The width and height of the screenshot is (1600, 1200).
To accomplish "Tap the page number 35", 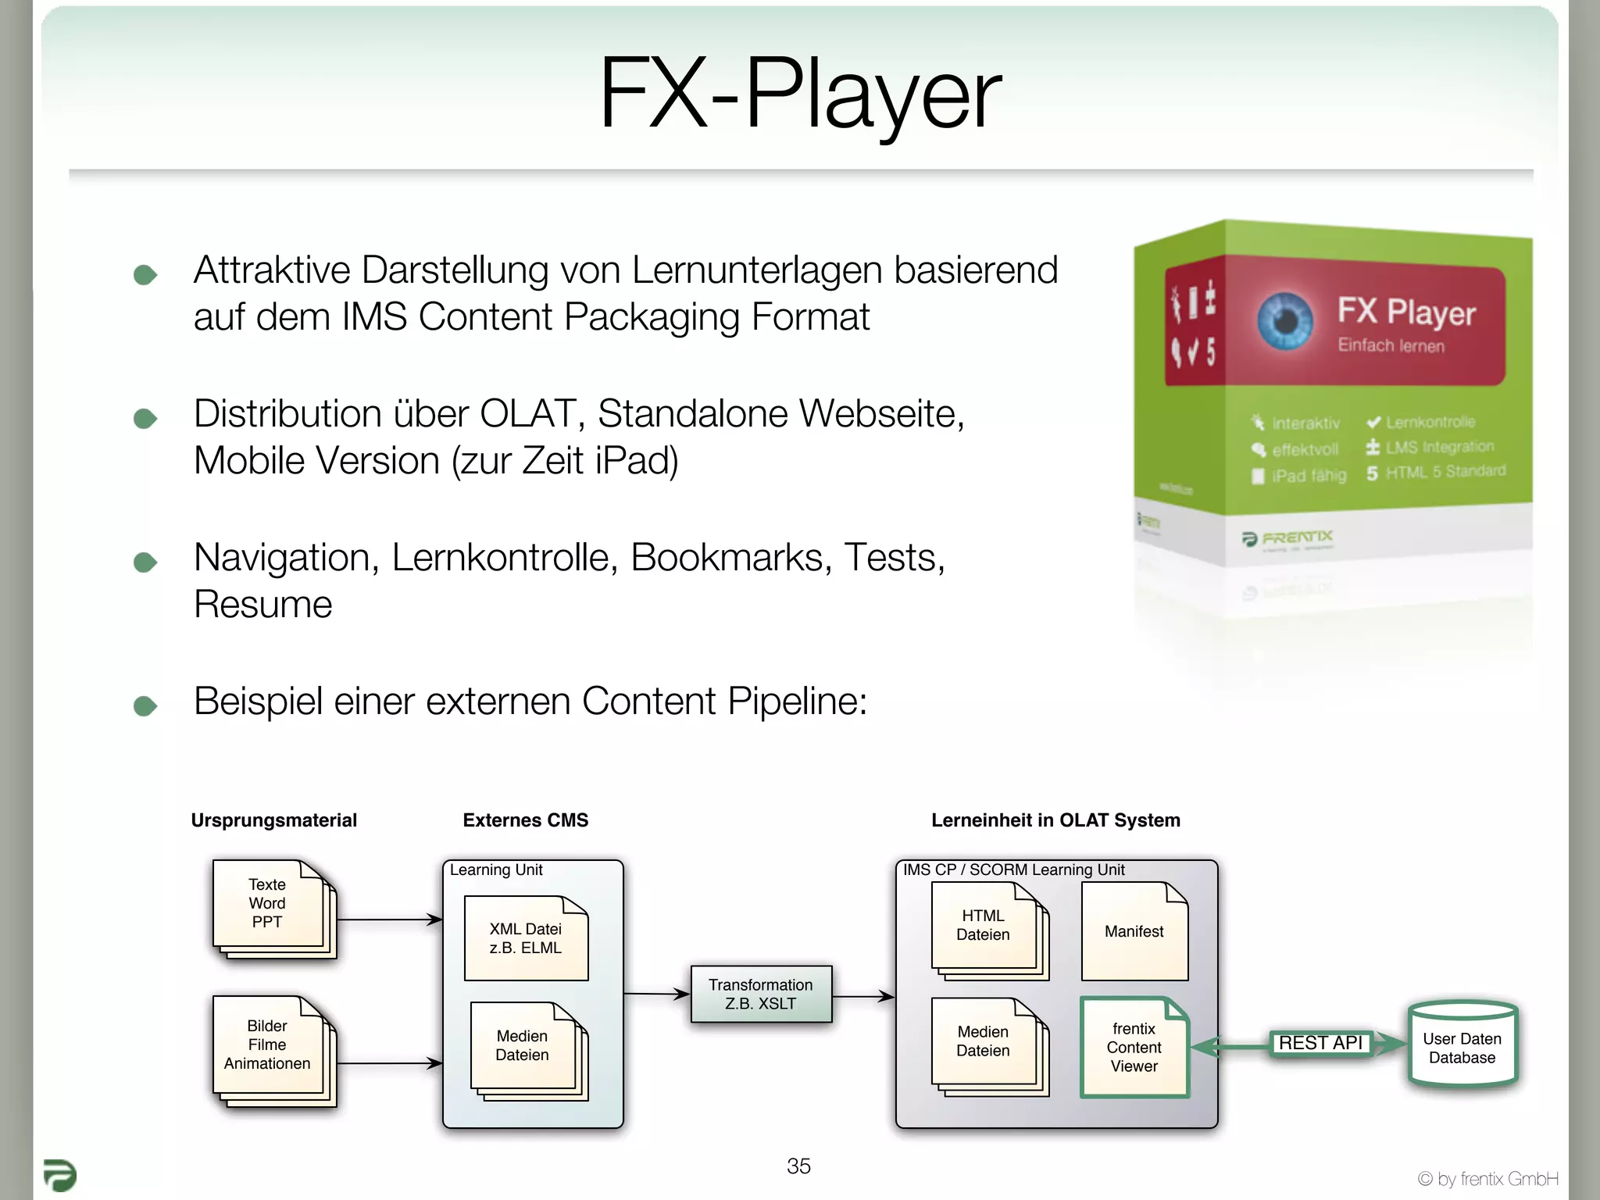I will coord(798,1166).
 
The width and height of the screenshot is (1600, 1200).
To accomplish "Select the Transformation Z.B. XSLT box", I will coord(761,994).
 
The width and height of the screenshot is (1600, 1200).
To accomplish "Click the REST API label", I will coord(1320,1043).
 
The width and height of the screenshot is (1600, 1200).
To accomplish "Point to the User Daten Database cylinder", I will coord(1462,1047).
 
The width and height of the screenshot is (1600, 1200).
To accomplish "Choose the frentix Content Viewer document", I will coord(1134,1047).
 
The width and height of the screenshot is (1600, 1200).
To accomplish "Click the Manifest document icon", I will coord(1134,931).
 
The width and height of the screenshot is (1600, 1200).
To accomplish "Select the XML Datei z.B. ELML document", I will coord(526,938).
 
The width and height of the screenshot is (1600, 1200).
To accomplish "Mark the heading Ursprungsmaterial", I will coord(273,820).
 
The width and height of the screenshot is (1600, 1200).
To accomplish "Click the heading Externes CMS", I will coord(525,820).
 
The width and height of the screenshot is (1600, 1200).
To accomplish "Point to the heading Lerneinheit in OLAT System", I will coord(1055,820).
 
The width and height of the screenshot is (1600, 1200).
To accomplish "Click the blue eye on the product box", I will coord(1285,320).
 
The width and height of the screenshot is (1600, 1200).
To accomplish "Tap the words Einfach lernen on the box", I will coord(1391,345).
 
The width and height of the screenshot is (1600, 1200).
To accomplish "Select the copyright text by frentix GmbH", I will coord(1487,1179).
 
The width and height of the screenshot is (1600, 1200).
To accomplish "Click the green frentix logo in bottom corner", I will coord(59,1175).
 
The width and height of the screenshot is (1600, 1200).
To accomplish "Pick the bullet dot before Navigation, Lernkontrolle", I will coord(145,562).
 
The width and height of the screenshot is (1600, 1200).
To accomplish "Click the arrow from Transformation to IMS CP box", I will coord(863,996).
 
